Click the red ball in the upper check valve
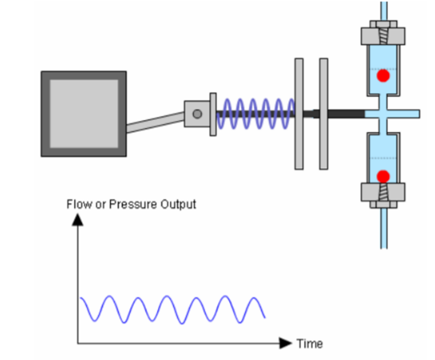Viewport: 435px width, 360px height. (x=383, y=75)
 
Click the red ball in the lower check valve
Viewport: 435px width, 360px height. (x=383, y=176)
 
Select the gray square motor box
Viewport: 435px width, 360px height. (x=84, y=114)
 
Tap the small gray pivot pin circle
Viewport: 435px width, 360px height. (x=197, y=114)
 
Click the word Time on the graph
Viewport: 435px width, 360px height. (x=309, y=344)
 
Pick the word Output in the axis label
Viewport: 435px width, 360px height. (x=177, y=204)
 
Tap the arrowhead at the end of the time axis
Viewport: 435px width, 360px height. (x=285, y=343)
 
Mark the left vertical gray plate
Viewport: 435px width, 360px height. (x=298, y=113)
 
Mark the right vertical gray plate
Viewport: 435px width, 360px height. (x=323, y=113)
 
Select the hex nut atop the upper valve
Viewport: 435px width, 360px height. (x=383, y=33)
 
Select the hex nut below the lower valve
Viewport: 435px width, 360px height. (x=383, y=194)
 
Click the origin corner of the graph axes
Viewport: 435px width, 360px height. (x=78, y=343)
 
